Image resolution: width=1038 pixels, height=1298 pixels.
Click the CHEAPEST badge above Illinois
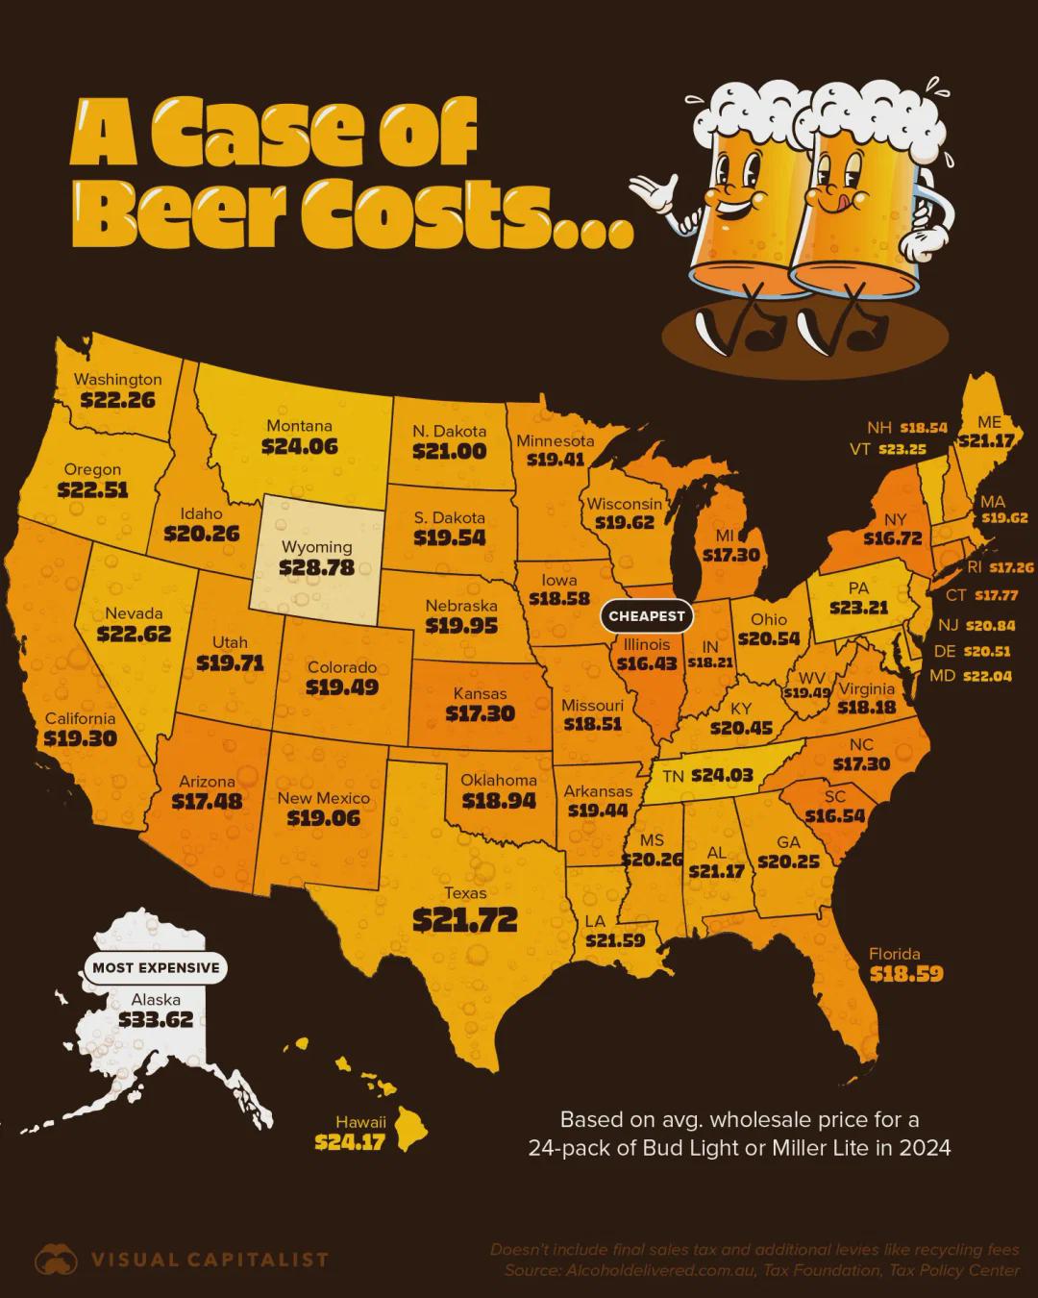648,616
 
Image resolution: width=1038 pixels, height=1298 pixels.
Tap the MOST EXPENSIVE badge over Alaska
156,968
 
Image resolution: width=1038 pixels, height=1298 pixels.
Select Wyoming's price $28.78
317,568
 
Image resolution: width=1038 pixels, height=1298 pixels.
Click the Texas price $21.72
465,920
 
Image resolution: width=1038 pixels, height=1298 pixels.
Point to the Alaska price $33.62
156,1020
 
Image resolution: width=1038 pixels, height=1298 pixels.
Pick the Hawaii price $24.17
350,1142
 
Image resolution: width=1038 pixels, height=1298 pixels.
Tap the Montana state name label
299,426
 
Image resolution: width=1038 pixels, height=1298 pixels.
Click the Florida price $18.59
906,974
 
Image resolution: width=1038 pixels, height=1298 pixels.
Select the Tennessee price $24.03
722,775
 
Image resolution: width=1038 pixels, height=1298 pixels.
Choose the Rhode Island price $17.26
1011,567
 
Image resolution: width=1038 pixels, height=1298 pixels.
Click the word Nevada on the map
134,613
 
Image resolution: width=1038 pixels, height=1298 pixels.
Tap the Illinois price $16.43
647,664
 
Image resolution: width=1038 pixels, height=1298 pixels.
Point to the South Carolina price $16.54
834,816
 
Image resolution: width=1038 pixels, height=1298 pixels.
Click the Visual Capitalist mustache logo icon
56,1260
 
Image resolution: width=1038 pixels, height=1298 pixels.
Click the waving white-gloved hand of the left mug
654,193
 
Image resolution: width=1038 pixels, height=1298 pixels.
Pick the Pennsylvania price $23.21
859,608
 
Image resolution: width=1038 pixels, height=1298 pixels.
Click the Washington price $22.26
117,399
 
